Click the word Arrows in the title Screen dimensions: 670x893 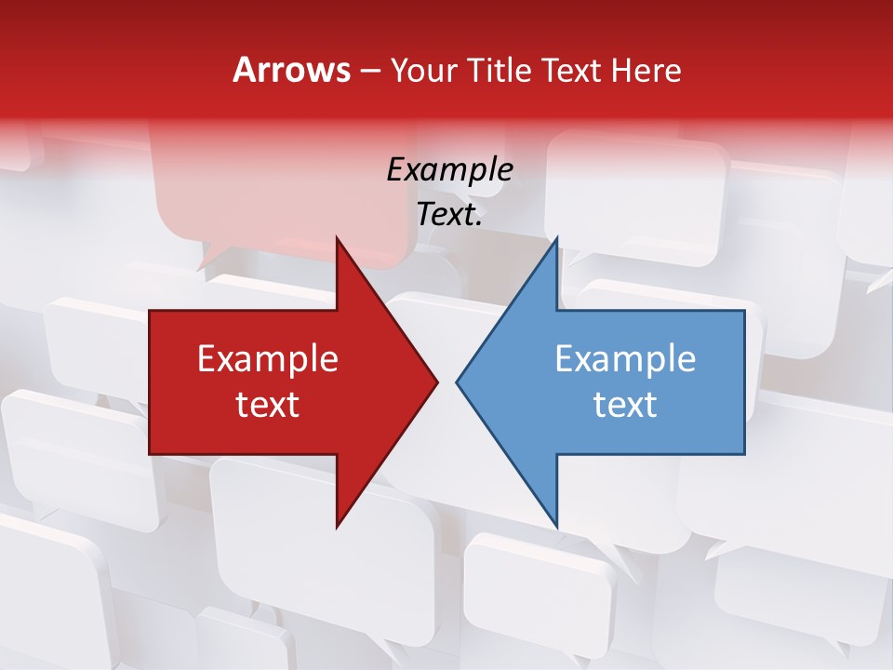coord(290,70)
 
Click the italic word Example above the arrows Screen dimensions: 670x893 coord(449,169)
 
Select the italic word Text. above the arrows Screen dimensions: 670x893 coord(449,215)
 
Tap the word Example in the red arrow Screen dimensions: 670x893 coord(268,359)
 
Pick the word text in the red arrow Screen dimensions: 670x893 coord(268,405)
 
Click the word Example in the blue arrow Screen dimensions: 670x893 coord(625,359)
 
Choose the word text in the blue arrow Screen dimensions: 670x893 coord(625,405)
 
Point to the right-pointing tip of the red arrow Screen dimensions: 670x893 coord(436,382)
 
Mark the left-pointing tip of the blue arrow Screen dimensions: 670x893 coord(458,382)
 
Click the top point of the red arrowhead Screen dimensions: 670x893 coord(337,239)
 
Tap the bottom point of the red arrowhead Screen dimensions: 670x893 coord(337,526)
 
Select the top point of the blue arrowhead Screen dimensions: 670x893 coord(556,239)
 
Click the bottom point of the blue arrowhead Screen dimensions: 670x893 coord(556,526)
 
